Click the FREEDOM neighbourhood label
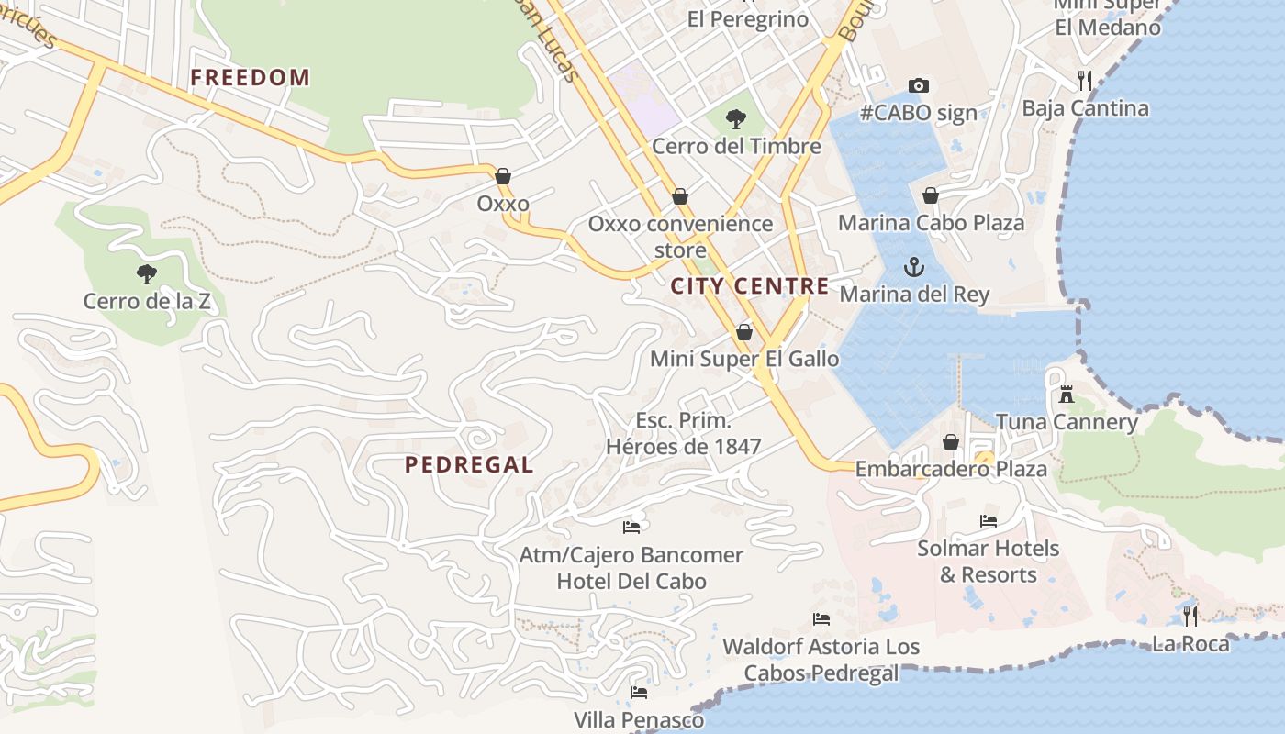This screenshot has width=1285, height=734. pos(250,77)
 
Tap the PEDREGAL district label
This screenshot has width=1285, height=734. pos(469,465)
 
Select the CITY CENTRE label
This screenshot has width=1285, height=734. pos(750,286)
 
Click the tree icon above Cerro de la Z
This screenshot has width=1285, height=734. pos(146,273)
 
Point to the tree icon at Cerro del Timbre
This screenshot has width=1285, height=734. pos(735,118)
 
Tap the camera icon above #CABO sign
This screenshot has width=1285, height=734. pos(918,85)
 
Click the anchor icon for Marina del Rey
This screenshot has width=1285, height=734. pos(913,267)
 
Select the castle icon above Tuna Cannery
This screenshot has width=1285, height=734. pos(1067,395)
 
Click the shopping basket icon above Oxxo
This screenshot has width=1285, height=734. pos(503,176)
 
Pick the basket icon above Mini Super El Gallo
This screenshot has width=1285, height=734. pos(744,332)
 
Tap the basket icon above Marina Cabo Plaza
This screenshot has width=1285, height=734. pos(931,195)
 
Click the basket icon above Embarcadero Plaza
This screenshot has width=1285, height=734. pos(951,442)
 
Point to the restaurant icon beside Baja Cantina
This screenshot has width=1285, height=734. pos(1085,81)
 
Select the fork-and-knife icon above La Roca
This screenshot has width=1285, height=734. pos(1190,616)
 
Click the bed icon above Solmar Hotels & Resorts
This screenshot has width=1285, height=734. pos(989,521)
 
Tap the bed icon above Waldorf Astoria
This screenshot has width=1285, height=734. pos(821,619)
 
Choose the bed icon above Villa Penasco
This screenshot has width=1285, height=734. pos(639,692)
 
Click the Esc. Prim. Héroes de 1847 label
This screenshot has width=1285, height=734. pos(684,433)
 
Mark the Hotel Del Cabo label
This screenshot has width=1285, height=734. pos(631,581)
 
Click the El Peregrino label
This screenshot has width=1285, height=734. pos(748,19)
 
